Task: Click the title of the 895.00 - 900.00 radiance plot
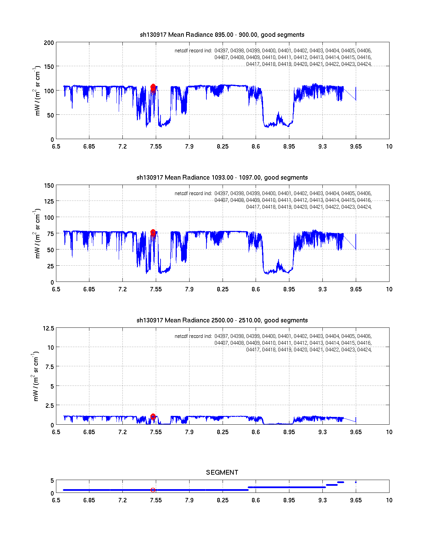[x=222, y=35]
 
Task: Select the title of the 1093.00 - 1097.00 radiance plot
[x=222, y=178]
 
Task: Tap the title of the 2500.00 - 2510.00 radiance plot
[x=222, y=320]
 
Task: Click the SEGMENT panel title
[x=222, y=473]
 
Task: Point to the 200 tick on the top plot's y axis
[x=49, y=43]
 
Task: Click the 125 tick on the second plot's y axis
[x=49, y=202]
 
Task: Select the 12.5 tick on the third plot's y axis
[x=48, y=328]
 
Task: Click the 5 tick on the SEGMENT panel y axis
[x=52, y=481]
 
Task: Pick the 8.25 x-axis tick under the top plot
[x=223, y=147]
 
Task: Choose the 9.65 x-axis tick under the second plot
[x=356, y=289]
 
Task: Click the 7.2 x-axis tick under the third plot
[x=122, y=432]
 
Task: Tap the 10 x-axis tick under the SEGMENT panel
[x=389, y=500]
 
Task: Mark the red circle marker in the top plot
[x=153, y=87]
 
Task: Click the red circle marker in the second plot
[x=153, y=232]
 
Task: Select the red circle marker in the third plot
[x=153, y=417]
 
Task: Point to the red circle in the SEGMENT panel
[x=153, y=490]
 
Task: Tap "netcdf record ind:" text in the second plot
[x=193, y=194]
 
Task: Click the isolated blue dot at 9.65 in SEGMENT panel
[x=356, y=482]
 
